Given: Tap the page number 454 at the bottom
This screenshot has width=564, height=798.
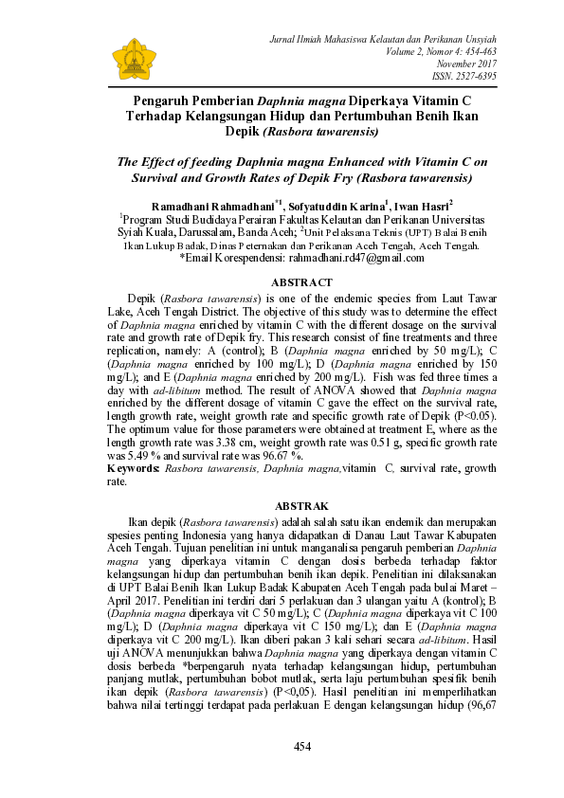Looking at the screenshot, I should [x=301, y=747].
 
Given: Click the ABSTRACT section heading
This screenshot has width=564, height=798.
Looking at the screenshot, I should [x=301, y=282].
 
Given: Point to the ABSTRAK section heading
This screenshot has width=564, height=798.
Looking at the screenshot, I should [x=301, y=507].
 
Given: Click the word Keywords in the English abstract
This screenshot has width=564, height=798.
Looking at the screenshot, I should [x=134, y=468].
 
